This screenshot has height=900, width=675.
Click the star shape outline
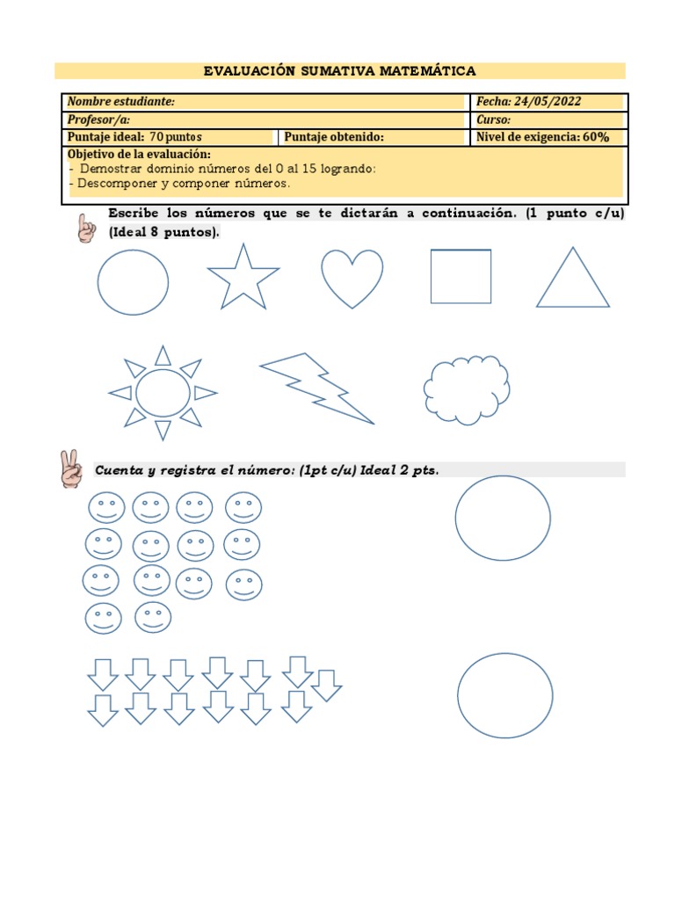243,279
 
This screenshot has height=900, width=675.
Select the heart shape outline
352,277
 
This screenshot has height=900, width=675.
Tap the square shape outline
461,276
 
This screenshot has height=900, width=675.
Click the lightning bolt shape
316,386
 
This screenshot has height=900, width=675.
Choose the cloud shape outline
467,389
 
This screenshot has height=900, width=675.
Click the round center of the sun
163,393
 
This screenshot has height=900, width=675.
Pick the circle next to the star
133,282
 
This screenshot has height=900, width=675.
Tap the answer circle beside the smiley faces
503,518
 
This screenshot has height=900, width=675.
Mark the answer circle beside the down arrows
505,695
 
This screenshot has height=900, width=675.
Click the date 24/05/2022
548,102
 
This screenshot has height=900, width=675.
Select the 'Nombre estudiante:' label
120,102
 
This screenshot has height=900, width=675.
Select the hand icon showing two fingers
70,468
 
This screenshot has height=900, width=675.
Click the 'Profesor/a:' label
98,120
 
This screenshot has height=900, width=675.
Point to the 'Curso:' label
493,120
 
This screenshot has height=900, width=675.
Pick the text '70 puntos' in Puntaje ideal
176,137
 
